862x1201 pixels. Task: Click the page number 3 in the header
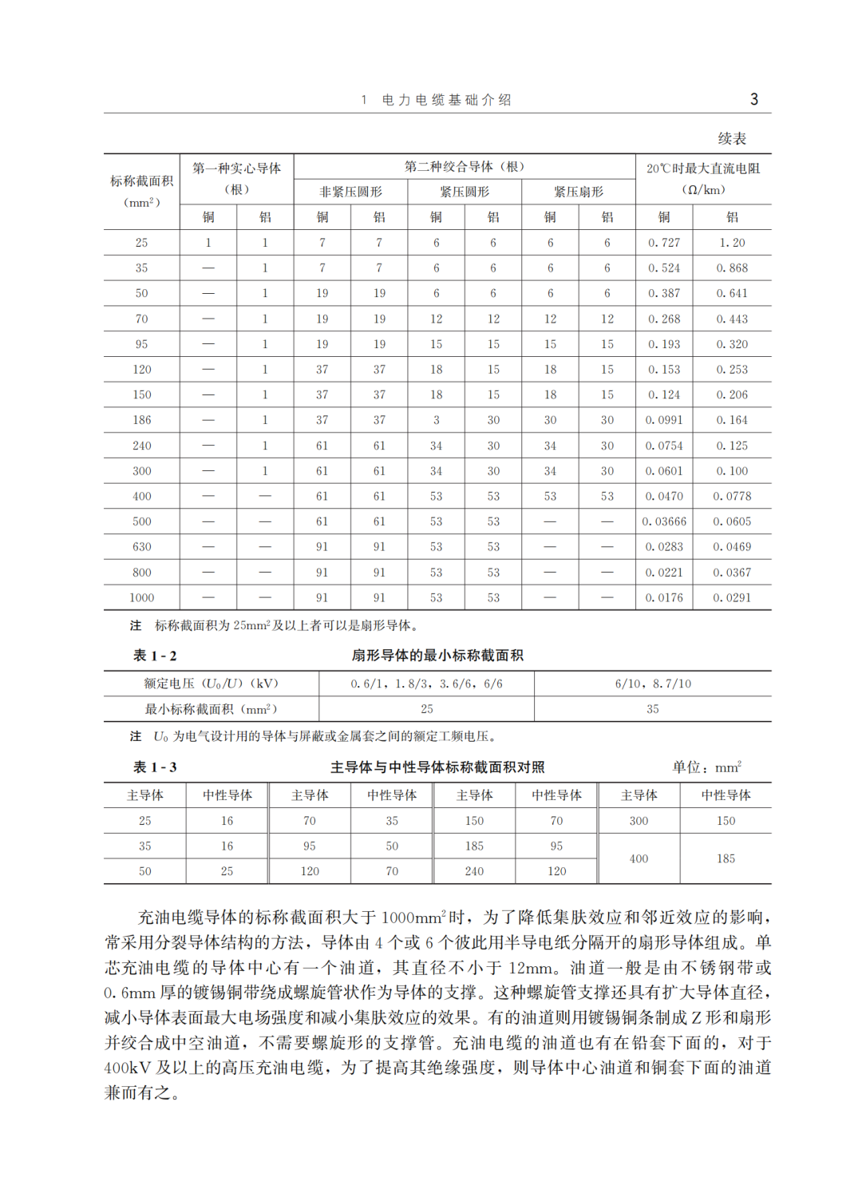coord(754,100)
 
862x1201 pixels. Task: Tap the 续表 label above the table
coord(731,139)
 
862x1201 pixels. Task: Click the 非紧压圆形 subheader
coord(350,192)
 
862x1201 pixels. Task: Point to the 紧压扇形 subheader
coord(579,192)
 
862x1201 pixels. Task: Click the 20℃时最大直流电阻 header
coord(702,168)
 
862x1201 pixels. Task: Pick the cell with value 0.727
coord(664,243)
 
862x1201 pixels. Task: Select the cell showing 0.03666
coord(664,521)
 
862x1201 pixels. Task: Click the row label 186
coord(141,420)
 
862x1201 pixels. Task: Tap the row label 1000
coord(141,597)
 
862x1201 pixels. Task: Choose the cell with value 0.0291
coord(732,597)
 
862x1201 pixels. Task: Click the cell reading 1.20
coord(732,243)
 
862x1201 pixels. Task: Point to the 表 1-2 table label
coord(155,656)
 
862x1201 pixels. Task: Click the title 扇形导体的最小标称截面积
coord(437,656)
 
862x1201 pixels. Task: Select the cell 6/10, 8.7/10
coord(653,684)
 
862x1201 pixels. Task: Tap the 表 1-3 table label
coord(155,767)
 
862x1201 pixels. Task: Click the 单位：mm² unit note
coord(706,767)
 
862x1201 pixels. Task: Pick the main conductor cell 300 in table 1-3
coord(639,821)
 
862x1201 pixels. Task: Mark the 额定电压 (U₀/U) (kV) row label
coord(211,684)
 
